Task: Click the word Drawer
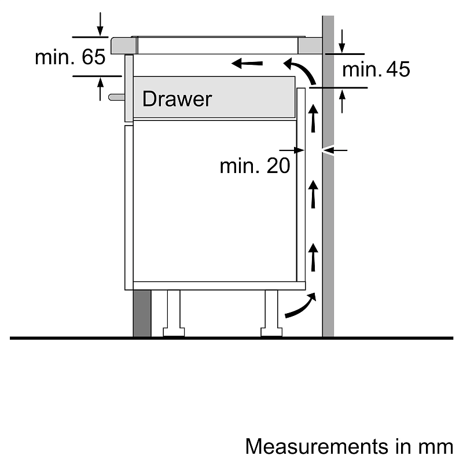coord(177,99)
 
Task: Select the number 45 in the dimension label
coord(396,69)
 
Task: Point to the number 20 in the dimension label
coord(277,166)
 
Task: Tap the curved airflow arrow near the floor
coord(301,306)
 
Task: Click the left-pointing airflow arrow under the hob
coord(248,62)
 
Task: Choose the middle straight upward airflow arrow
coord(313,194)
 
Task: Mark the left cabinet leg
coord(173,313)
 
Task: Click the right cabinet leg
coord(271,313)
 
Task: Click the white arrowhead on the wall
coord(328,150)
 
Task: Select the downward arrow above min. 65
coord(101,23)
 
